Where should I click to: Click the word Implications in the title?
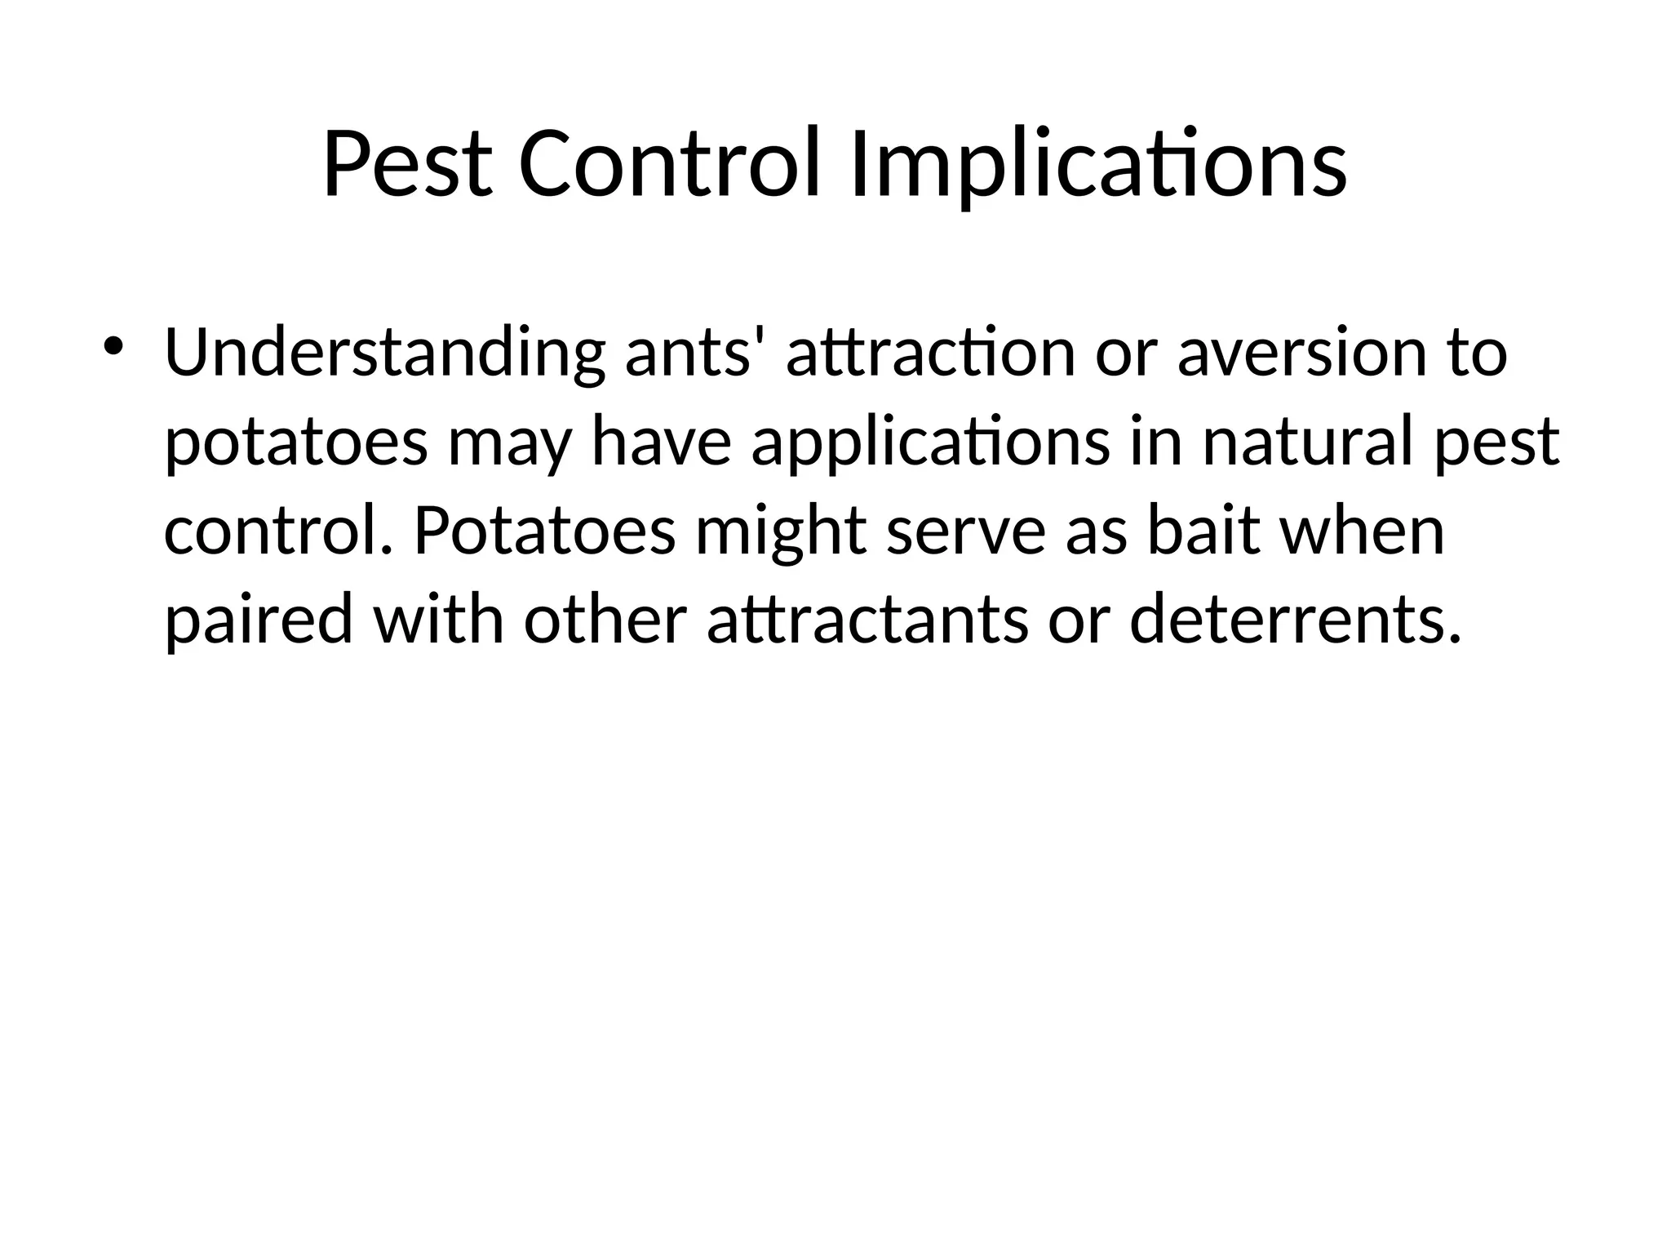tap(1097, 166)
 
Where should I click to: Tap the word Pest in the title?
tap(408, 166)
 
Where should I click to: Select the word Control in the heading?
tap(668, 166)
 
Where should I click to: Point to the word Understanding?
tap(384, 354)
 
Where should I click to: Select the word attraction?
tap(930, 354)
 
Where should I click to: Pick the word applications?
tap(930, 444)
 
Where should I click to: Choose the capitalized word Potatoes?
tap(544, 532)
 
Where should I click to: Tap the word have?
tap(660, 442)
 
